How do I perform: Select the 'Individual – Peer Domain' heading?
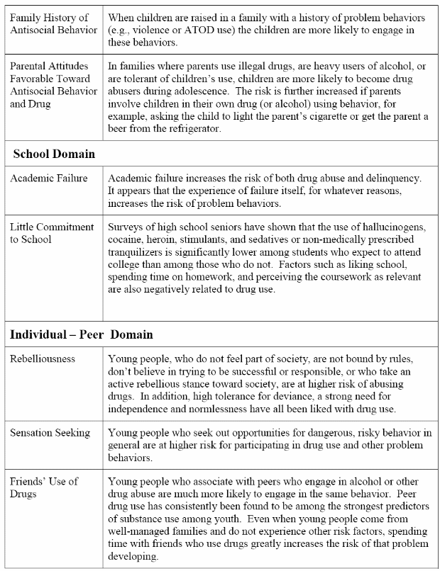click(x=81, y=334)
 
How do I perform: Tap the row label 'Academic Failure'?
click(x=49, y=178)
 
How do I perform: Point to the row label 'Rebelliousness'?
click(x=43, y=359)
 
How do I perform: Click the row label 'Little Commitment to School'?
click(x=52, y=233)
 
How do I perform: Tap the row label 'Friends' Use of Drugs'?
click(x=44, y=487)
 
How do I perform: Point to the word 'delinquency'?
click(x=390, y=178)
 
